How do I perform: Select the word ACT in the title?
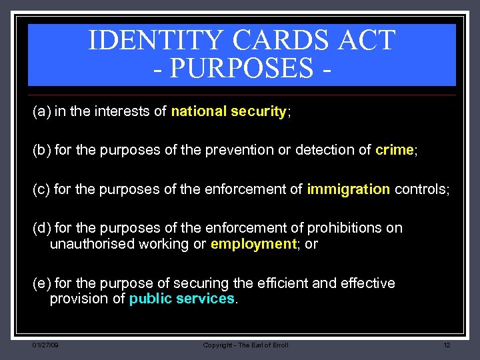pos(367,41)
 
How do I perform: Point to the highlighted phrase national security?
pos(229,112)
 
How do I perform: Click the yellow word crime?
pos(395,151)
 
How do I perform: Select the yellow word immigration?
pos(349,190)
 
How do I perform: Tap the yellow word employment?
pos(253,244)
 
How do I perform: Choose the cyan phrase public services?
pos(182,299)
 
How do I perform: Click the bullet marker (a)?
pos(41,112)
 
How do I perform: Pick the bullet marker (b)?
pos(41,151)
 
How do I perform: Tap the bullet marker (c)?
pos(41,190)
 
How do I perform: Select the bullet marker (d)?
pos(41,228)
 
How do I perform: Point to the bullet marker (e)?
pos(41,283)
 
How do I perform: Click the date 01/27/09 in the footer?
pos(45,345)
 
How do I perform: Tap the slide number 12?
pos(447,345)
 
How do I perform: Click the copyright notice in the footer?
pos(245,345)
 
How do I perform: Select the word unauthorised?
pos(92,244)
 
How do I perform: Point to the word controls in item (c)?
pos(421,190)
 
